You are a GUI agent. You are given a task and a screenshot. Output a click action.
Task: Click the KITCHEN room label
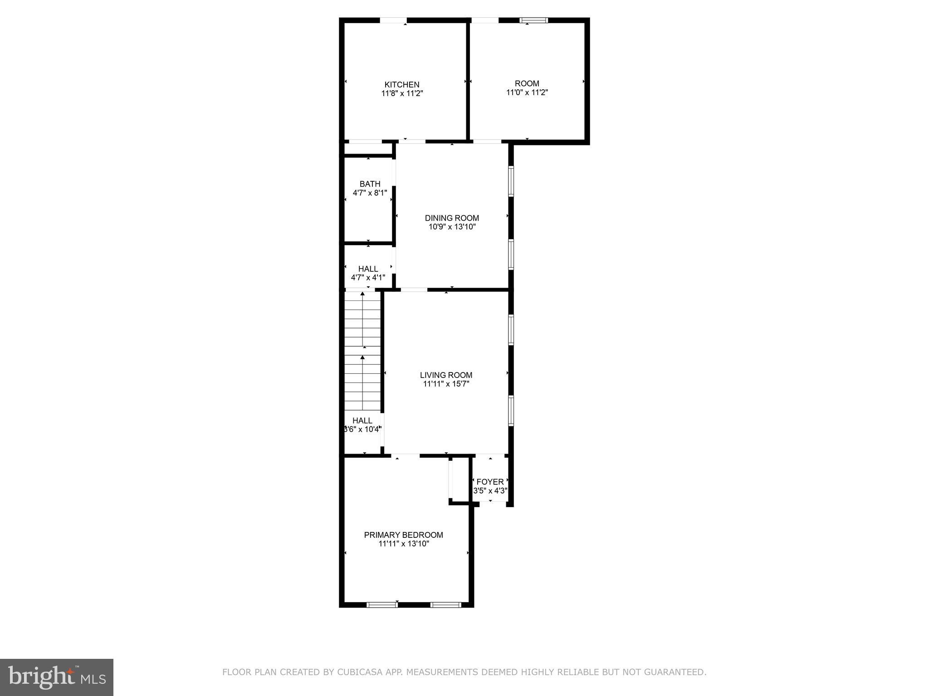pyautogui.click(x=402, y=85)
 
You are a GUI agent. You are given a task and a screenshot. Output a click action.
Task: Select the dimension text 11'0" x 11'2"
pyautogui.click(x=527, y=92)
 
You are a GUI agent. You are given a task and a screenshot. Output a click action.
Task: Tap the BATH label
pyautogui.click(x=370, y=184)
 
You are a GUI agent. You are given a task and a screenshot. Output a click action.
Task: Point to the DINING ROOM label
pyautogui.click(x=452, y=218)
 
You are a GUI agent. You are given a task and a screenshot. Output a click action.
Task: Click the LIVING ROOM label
pyautogui.click(x=446, y=375)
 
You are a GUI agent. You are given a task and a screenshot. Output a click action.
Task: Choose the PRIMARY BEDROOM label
pyautogui.click(x=403, y=535)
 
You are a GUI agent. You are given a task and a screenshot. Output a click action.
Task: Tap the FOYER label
pyautogui.click(x=490, y=482)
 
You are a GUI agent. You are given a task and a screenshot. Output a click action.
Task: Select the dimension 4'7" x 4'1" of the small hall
pyautogui.click(x=368, y=277)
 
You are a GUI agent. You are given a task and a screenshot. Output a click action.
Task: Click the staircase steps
pyautogui.click(x=362, y=351)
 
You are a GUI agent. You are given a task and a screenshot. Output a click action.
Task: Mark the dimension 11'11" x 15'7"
pyautogui.click(x=446, y=384)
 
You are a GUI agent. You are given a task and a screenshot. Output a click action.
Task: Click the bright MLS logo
pyautogui.click(x=57, y=677)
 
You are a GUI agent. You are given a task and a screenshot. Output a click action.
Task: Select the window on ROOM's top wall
pyautogui.click(x=533, y=20)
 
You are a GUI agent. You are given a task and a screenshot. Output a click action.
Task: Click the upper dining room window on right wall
pyautogui.click(x=511, y=181)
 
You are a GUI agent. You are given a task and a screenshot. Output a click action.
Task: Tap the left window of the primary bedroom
pyautogui.click(x=382, y=604)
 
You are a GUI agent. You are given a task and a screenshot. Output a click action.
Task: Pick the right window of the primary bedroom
pyautogui.click(x=445, y=604)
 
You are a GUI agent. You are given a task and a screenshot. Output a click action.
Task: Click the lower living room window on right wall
pyautogui.click(x=511, y=411)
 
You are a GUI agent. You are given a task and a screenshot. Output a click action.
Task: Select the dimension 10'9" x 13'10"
pyautogui.click(x=452, y=227)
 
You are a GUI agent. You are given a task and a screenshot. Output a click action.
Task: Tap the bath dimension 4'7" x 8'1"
pyautogui.click(x=370, y=193)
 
